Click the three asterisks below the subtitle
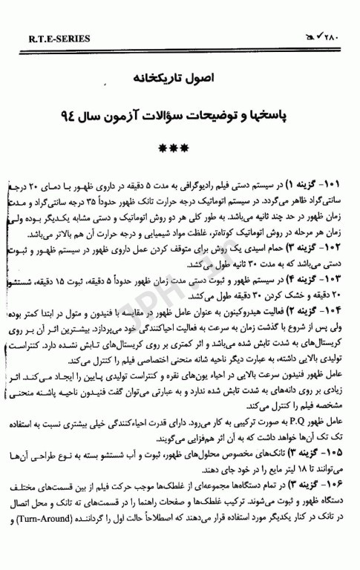click(x=180, y=148)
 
